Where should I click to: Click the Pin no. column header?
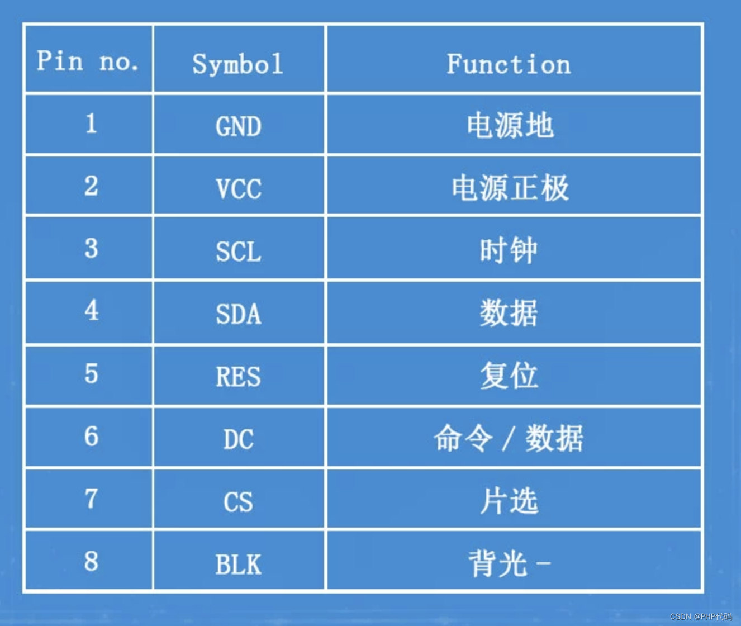tap(88, 60)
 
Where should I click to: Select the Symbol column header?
tap(238, 64)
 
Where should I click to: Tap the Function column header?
tap(509, 64)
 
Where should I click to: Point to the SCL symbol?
tap(239, 252)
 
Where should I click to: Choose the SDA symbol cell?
tap(239, 314)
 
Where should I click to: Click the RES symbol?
tap(239, 377)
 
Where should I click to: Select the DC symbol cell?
tap(239, 439)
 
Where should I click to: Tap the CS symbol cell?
tap(239, 502)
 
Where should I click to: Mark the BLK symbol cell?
tap(239, 565)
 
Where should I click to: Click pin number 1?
tap(91, 123)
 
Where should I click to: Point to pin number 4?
tap(91, 310)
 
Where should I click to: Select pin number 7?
tap(91, 499)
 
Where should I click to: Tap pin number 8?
tap(91, 561)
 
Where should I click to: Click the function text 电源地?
tap(510, 125)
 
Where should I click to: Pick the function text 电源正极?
tap(510, 188)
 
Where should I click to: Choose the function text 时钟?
tap(509, 250)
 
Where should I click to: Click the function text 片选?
tap(509, 501)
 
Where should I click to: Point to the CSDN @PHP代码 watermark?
tap(701, 616)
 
